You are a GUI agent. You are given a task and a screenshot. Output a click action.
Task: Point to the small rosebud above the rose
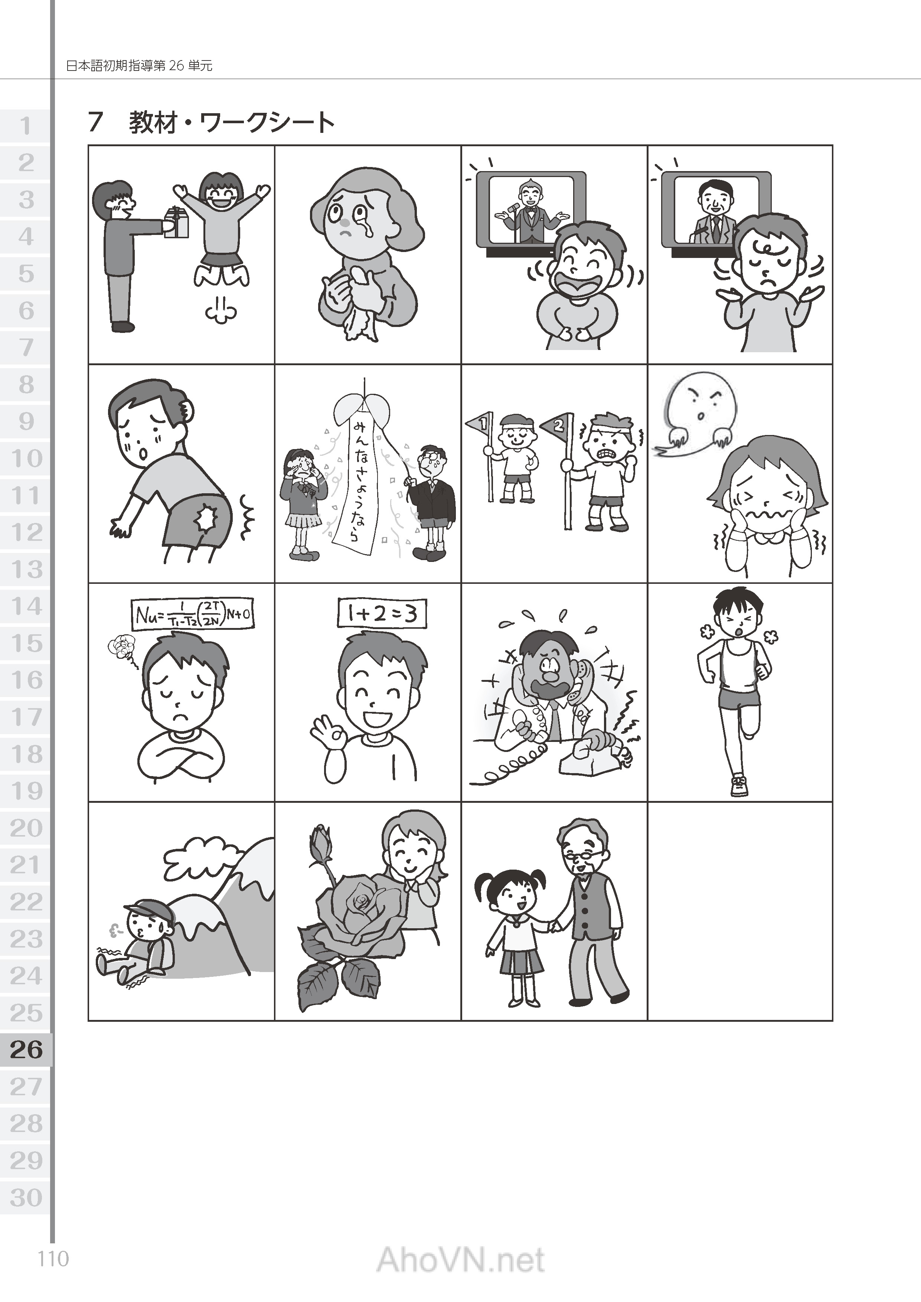(x=320, y=838)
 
